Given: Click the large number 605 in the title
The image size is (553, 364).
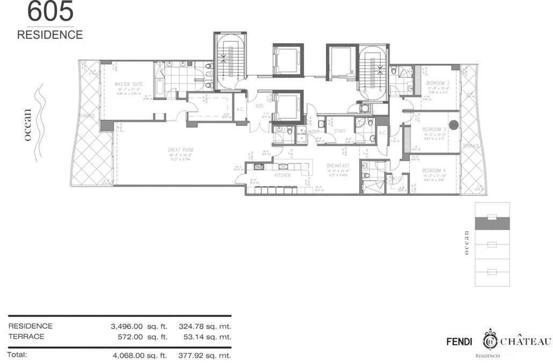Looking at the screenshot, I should tap(44, 12).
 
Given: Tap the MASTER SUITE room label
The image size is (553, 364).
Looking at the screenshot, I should tap(127, 85).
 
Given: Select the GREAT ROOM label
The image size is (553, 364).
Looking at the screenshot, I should tap(180, 150).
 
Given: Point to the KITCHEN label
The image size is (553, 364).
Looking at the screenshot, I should tap(282, 175).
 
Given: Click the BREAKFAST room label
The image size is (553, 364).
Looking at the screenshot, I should tap(339, 166).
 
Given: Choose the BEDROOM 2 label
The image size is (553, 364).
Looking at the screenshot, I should tap(438, 84).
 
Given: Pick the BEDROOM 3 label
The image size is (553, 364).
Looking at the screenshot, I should tap(434, 129).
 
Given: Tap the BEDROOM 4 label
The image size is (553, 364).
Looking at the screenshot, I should tap(434, 171).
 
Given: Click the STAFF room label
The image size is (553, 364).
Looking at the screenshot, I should tap(339, 131).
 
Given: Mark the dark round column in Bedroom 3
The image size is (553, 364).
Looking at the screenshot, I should tap(454, 125).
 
